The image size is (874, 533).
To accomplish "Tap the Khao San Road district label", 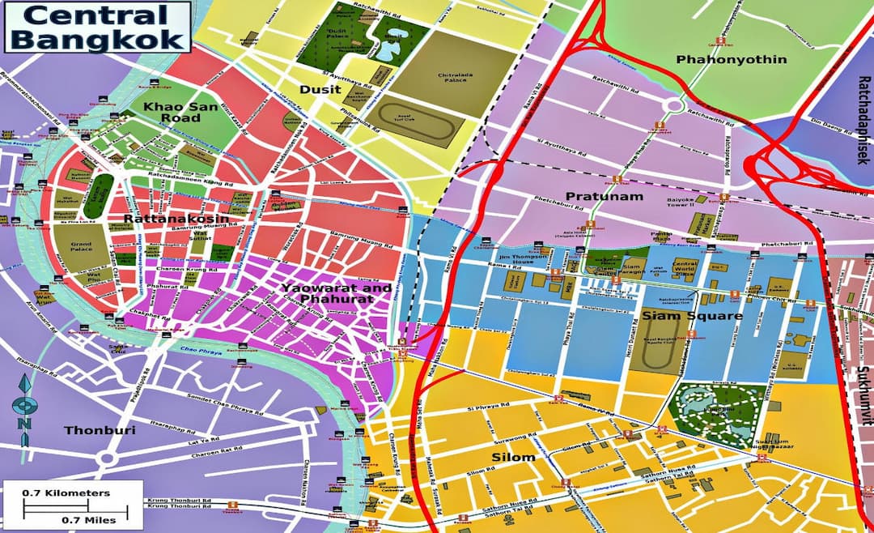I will click(171, 113).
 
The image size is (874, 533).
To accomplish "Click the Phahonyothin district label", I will click(719, 59).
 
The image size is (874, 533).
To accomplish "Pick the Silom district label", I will click(513, 458).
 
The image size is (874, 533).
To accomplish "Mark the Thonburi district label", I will click(101, 430).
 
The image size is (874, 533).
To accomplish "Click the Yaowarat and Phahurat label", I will click(337, 293).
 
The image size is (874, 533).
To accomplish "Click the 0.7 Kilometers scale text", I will click(66, 492).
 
